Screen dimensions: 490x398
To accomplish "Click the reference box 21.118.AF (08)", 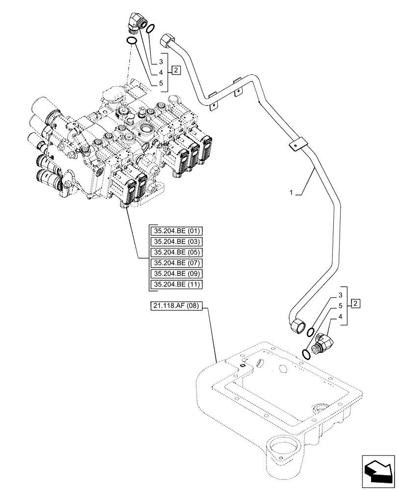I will (177, 306).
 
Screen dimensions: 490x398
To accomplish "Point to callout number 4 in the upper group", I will (160, 72).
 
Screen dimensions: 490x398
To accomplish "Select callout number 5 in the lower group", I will (339, 306).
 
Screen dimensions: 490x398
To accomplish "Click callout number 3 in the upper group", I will (160, 62).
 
